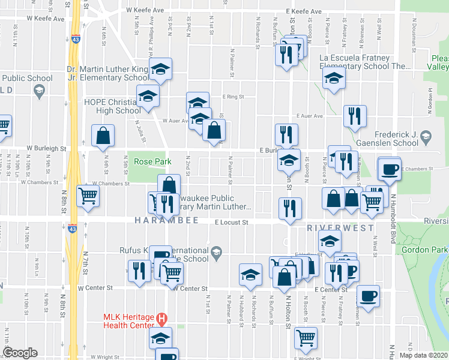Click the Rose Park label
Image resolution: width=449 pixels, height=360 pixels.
tap(152, 161)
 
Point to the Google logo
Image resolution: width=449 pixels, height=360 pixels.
tap(20, 353)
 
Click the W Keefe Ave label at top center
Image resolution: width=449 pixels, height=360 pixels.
tap(145, 11)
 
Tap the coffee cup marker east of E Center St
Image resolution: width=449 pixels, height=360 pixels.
tap(368, 295)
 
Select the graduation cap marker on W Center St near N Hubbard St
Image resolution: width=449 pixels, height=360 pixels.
tap(250, 274)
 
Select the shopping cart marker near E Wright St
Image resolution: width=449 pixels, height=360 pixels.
tap(306, 338)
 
